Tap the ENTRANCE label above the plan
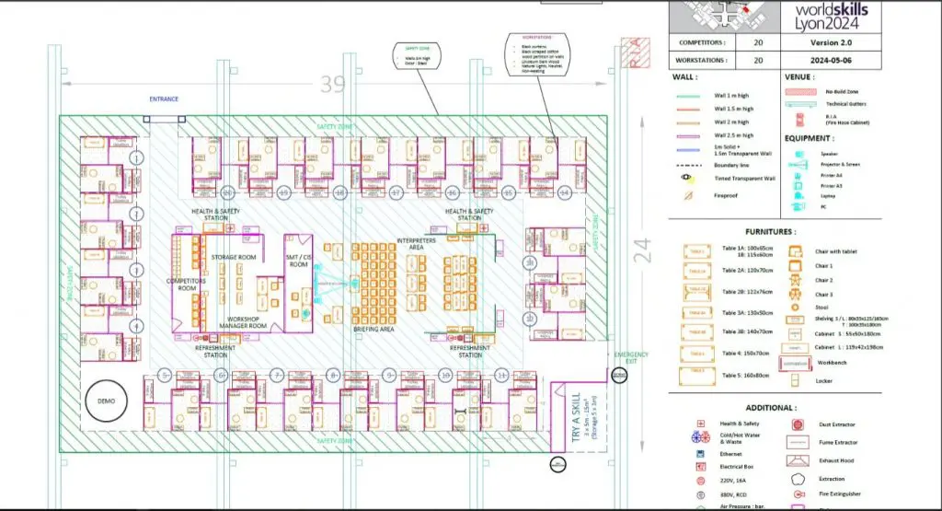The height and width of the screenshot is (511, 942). tap(164, 99)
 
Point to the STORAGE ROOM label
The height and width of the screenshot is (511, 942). tap(234, 257)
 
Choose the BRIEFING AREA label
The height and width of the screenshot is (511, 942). tap(374, 329)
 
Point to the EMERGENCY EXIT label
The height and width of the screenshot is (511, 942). tap(631, 358)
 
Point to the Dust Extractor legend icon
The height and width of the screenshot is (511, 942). tap(797, 425)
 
